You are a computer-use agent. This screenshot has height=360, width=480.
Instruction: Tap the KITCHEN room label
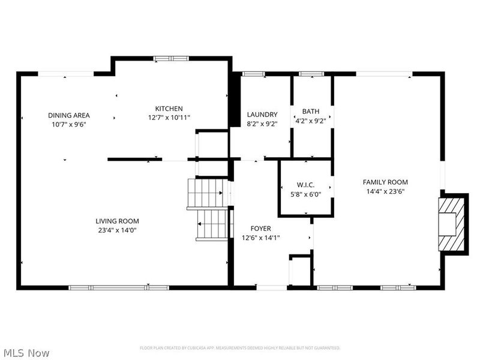[169, 109]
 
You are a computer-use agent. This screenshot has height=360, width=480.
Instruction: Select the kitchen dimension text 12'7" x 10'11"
[169, 118]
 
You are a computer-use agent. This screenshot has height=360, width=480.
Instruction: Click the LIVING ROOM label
[117, 221]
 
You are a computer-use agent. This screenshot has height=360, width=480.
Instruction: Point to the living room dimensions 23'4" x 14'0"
[117, 230]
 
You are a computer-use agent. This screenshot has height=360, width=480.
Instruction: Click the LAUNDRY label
[262, 115]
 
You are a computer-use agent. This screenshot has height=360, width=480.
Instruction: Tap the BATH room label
[311, 111]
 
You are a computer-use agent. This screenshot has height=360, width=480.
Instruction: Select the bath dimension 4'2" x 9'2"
[311, 120]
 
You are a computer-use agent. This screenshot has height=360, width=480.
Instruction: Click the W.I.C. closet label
[306, 185]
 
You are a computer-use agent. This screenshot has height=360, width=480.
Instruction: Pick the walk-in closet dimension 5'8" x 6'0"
[306, 194]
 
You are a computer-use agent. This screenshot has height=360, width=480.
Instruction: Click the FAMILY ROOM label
[385, 182]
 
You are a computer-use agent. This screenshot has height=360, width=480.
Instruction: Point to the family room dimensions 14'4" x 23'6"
[385, 191]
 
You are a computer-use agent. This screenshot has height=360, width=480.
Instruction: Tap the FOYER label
[260, 229]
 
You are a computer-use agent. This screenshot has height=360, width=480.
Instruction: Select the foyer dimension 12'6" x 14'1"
[260, 238]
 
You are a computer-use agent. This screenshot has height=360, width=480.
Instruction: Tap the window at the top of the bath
[311, 74]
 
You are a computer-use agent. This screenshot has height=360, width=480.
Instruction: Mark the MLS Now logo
[26, 353]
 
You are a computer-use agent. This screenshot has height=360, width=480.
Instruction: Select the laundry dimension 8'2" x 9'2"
[262, 124]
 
